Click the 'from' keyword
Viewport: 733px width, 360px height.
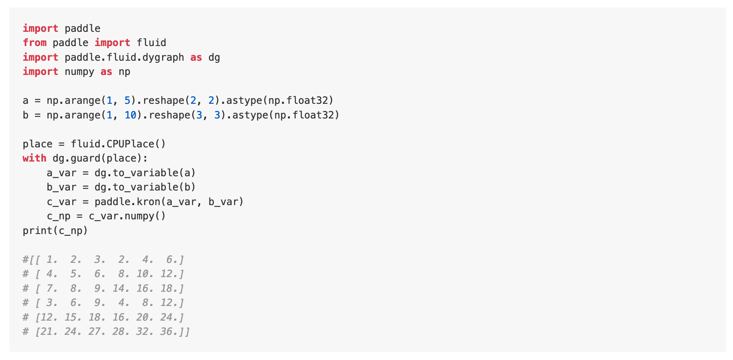pos(34,43)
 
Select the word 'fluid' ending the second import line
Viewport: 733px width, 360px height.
pos(151,43)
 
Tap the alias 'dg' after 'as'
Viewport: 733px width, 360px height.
pos(214,57)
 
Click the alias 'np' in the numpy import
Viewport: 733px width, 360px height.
pos(124,72)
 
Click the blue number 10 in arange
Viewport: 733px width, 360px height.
pos(130,115)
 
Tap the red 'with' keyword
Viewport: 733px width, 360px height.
pos(34,158)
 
